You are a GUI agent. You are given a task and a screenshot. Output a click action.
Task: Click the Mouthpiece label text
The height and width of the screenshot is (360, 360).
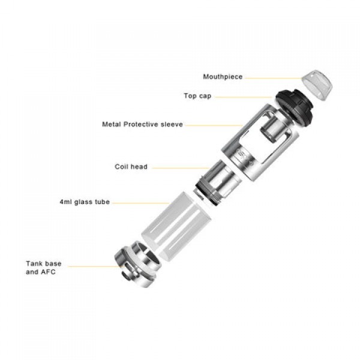pyautogui.click(x=223, y=77)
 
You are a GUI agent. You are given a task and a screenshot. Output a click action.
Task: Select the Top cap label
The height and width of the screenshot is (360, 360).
pyautogui.click(x=197, y=96)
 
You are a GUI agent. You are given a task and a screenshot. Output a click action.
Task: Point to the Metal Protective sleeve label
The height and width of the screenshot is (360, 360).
pyautogui.click(x=143, y=124)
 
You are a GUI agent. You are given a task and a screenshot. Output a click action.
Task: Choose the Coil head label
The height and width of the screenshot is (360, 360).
pyautogui.click(x=131, y=166)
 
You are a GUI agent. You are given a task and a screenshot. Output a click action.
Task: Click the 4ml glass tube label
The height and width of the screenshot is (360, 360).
pyautogui.click(x=85, y=202)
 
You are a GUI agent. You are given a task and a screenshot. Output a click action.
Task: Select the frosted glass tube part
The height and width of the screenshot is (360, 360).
pyautogui.click(x=176, y=227)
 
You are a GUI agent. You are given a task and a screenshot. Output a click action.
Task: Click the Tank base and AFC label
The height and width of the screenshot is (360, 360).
pyautogui.click(x=44, y=268)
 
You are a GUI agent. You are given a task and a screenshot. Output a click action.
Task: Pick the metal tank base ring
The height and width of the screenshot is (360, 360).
pyautogui.click(x=137, y=264)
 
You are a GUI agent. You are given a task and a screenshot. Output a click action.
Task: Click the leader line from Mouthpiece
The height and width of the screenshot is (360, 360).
pyautogui.click(x=273, y=78)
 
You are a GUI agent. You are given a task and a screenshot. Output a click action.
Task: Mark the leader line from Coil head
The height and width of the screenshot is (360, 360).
pyautogui.click(x=181, y=168)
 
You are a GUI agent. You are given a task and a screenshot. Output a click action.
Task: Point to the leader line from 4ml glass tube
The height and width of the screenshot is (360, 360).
pyautogui.click(x=141, y=203)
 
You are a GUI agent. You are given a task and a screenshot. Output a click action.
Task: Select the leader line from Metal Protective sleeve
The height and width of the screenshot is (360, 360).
pyautogui.click(x=214, y=125)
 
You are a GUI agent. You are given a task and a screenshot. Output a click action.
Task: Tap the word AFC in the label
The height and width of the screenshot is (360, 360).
pyautogui.click(x=48, y=272)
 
